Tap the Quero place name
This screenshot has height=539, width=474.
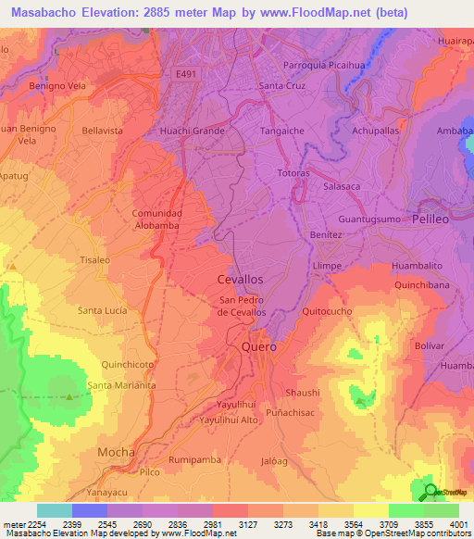click(258, 346)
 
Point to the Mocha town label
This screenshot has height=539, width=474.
click(116, 452)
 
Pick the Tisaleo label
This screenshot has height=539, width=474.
click(98, 260)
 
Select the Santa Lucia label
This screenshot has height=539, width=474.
click(103, 310)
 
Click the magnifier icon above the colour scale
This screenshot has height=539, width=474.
click(430, 492)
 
